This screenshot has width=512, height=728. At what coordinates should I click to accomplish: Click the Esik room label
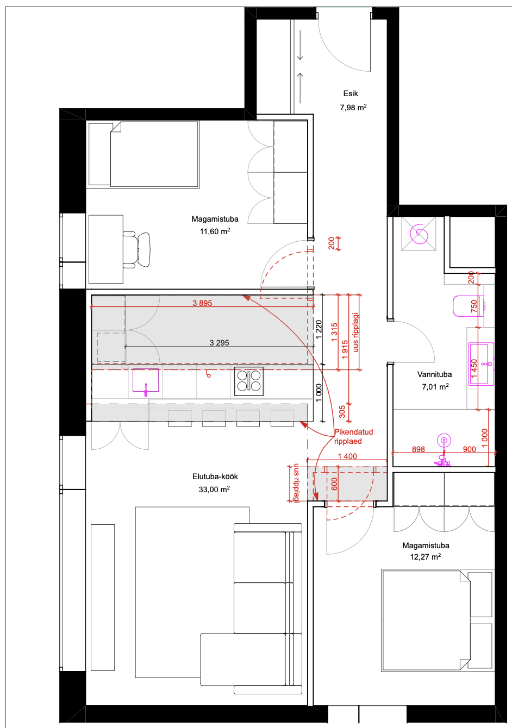pos(351,93)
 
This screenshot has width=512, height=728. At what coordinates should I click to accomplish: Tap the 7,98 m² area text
pos(353,107)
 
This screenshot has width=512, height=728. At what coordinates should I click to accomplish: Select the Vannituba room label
pos(434,374)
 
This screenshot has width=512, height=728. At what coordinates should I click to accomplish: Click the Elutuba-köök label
pos(215,476)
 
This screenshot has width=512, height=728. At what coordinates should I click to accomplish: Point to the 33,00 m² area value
pos(214,489)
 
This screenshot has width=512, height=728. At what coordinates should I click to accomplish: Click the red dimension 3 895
pos(202,303)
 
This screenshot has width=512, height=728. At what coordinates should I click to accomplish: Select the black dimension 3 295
pos(219,343)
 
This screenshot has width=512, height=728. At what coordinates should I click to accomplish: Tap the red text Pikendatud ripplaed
pos(353,436)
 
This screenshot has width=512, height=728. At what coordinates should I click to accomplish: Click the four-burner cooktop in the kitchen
pos(249,381)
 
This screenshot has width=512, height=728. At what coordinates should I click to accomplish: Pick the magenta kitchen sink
pos(146,381)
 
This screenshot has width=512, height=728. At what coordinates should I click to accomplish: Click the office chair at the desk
pos(137,249)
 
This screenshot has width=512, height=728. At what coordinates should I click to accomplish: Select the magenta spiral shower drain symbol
pos(419,234)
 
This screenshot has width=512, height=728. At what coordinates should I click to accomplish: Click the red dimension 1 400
pos(347,456)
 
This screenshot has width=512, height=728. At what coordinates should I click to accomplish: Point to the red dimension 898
pos(418,449)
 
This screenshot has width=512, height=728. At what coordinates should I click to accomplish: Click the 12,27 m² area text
pos(425,556)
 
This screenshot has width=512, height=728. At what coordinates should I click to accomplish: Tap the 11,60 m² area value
pos(215,231)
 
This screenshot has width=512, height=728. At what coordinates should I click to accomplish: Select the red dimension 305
pos(342,411)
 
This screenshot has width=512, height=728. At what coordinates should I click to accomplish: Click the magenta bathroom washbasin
pos(481,363)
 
